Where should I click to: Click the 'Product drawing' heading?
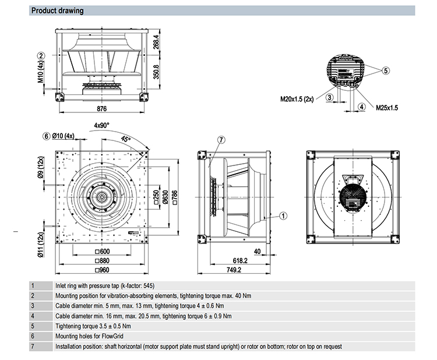57,10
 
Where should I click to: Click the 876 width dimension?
103,108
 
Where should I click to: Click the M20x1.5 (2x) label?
297,98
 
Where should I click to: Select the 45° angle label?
126,139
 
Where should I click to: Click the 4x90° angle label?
101,125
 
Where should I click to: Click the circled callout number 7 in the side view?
221,140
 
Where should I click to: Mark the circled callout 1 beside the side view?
283,216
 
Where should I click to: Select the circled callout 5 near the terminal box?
385,70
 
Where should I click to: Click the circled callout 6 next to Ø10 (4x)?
47,136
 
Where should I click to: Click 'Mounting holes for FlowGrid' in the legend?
87,336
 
